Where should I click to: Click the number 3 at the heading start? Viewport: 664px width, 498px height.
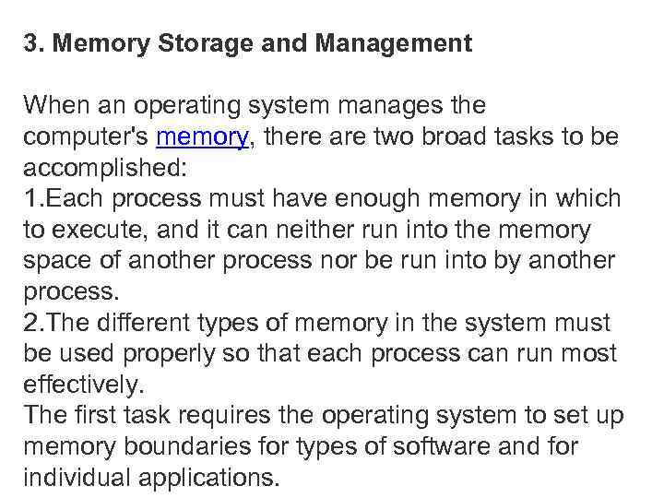coord(30,43)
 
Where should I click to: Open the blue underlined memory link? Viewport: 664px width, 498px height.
coord(202,137)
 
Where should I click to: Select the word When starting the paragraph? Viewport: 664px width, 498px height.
coord(53,106)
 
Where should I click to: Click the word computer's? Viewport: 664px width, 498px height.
coord(86,137)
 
